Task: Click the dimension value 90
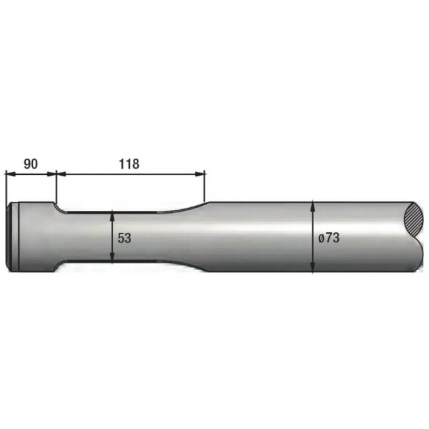(31, 164)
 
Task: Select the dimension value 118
(129, 164)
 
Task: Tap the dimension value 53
(124, 238)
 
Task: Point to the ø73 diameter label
(329, 238)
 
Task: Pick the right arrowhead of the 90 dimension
(51, 174)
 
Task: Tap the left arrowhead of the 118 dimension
(61, 174)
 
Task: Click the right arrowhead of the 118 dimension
(200, 174)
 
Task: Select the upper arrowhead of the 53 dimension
(112, 216)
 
